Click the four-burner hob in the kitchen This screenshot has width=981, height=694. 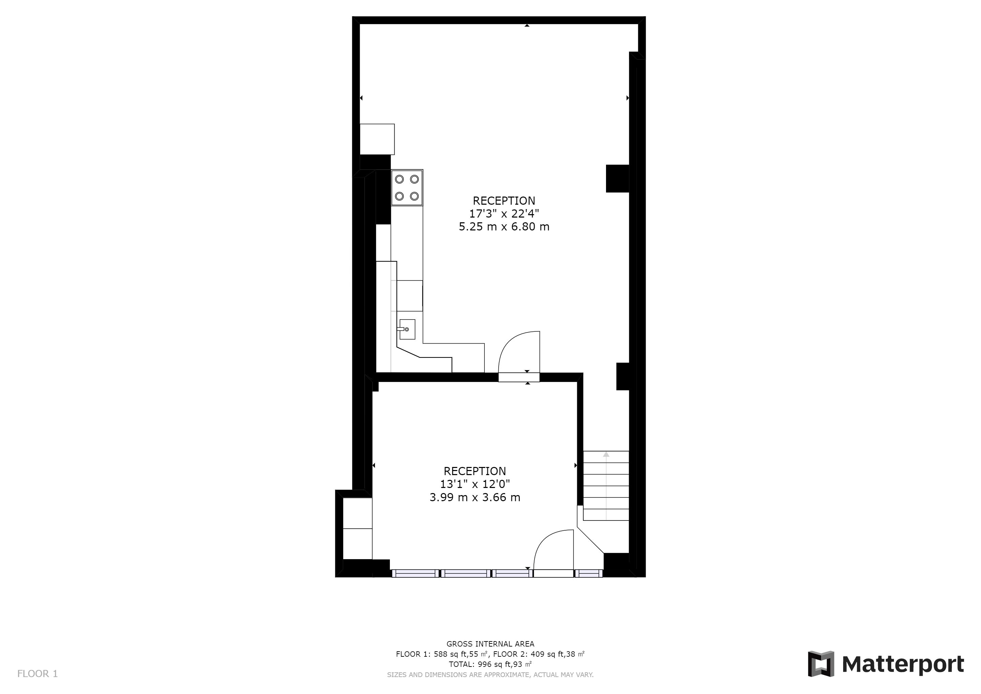click(x=407, y=188)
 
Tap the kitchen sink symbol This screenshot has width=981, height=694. click(x=407, y=329)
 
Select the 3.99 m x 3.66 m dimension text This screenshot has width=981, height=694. click(x=475, y=497)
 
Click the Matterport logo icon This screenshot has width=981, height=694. click(x=821, y=664)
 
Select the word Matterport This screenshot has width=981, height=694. click(x=903, y=665)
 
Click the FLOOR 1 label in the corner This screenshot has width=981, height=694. click(x=38, y=674)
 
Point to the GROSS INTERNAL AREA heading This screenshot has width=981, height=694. click(x=490, y=644)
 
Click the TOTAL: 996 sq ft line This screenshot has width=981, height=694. click(x=490, y=665)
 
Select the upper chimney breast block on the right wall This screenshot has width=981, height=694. click(x=618, y=178)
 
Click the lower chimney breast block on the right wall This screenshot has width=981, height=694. click(x=623, y=376)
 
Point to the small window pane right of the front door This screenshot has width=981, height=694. click(x=588, y=573)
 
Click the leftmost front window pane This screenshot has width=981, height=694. click(x=415, y=573)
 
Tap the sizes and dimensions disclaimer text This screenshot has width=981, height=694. click(x=490, y=675)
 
